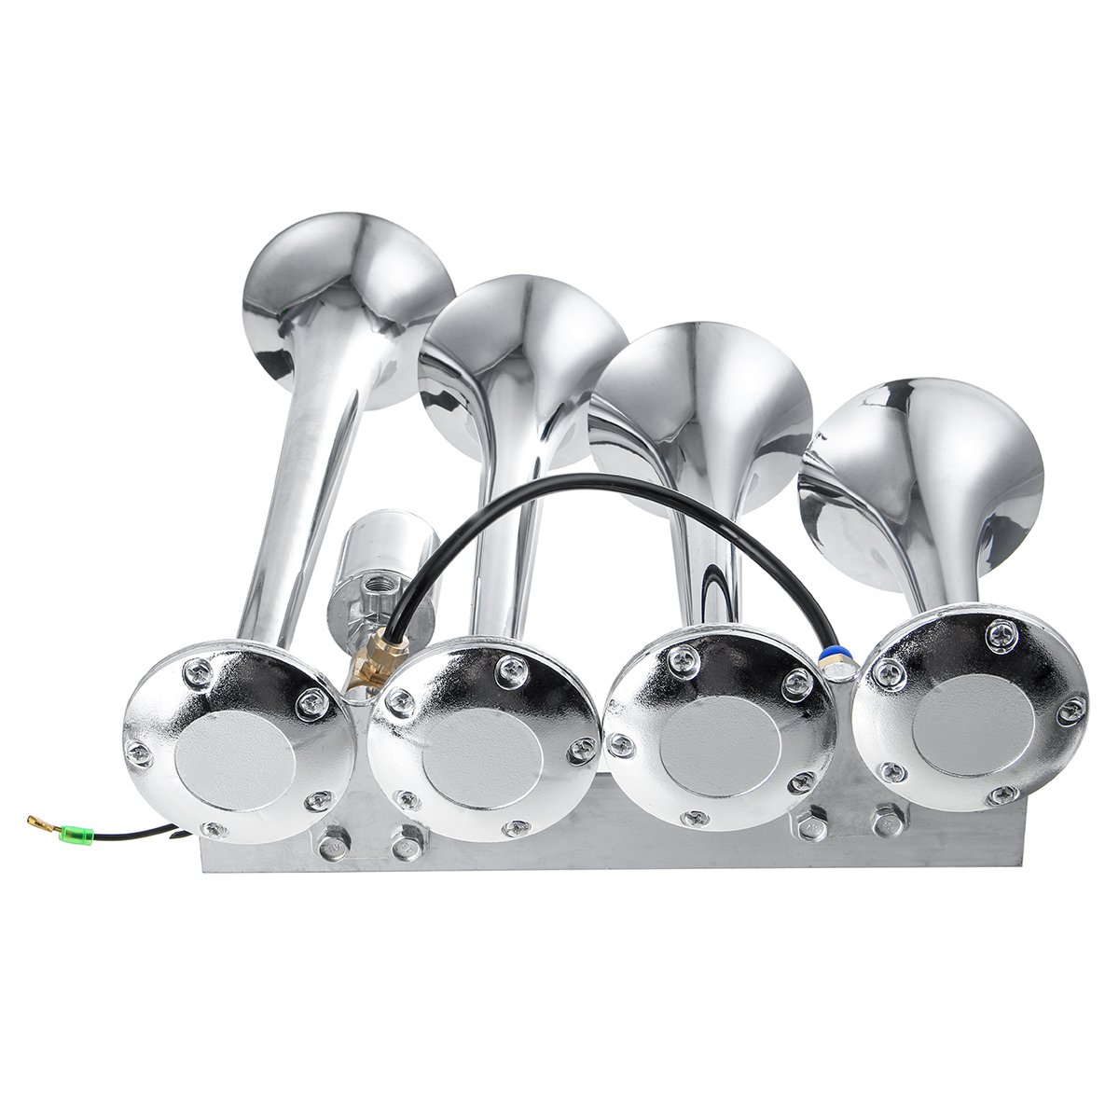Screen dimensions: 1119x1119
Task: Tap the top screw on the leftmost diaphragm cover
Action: point(199,670)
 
